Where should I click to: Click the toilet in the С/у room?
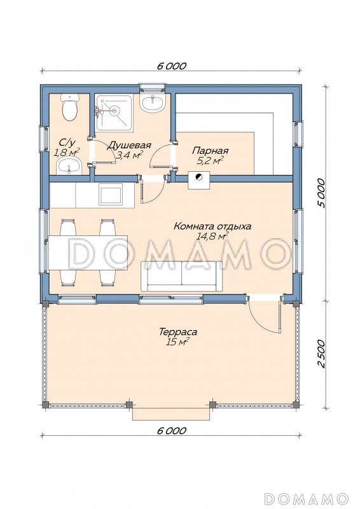pyautogui.click(x=70, y=107)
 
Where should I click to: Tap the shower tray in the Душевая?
pyautogui.click(x=114, y=113)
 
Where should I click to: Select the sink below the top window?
pyautogui.click(x=152, y=102)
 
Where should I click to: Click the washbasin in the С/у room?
pyautogui.click(x=68, y=166)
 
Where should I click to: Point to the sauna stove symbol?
pyautogui.click(x=198, y=179)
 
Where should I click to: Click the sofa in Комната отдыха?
pyautogui.click(x=181, y=276)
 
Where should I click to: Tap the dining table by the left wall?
pyautogui.click(x=88, y=253)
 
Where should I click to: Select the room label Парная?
pyautogui.click(x=211, y=151)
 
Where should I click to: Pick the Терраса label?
pyautogui.click(x=178, y=332)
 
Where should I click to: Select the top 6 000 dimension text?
pyautogui.click(x=172, y=66)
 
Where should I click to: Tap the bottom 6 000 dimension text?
pyautogui.click(x=172, y=431)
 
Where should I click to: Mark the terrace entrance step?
pyautogui.click(x=171, y=413)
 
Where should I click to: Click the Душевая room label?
pyautogui.click(x=129, y=145)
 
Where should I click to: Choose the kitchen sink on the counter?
pyautogui.click(x=111, y=194)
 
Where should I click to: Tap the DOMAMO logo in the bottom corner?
pyautogui.click(x=306, y=498)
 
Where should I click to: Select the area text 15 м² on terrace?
pyautogui.click(x=177, y=342)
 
